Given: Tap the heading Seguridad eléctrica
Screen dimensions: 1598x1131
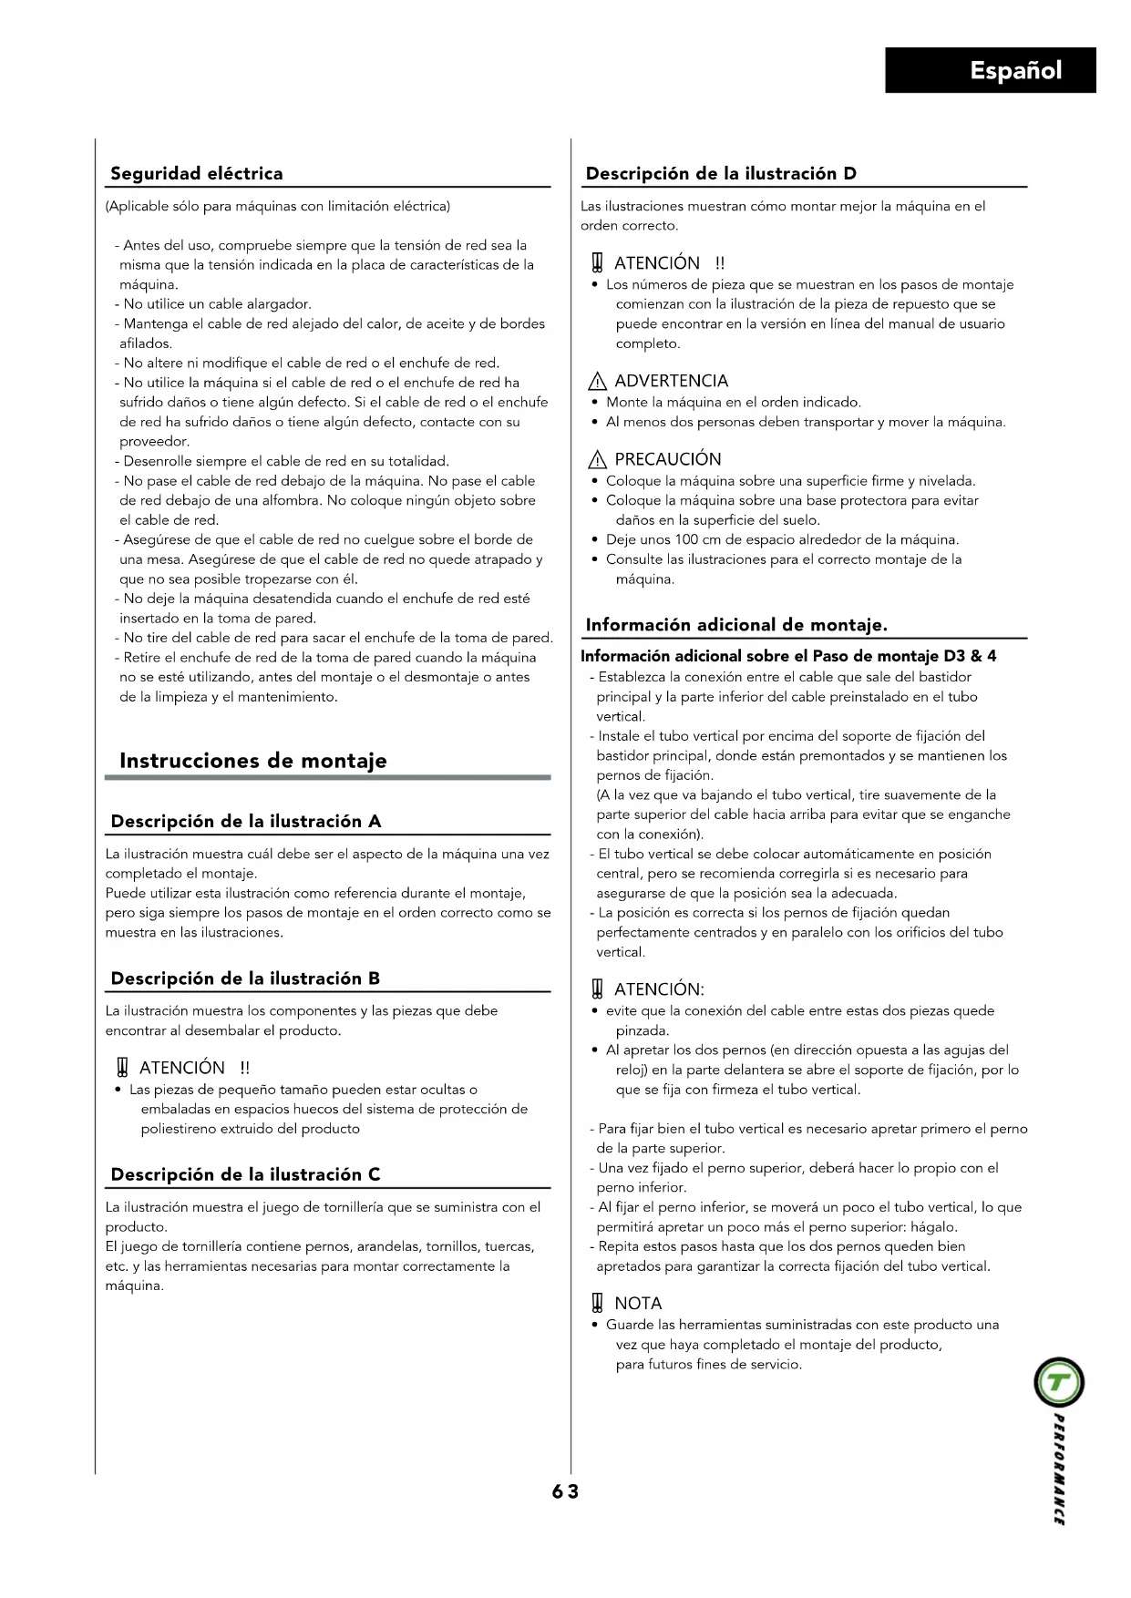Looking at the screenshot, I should pyautogui.click(x=196, y=173).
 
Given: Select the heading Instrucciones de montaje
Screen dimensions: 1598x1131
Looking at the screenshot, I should pyautogui.click(x=252, y=761).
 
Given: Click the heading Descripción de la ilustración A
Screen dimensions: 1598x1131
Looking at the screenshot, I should pyautogui.click(x=245, y=821).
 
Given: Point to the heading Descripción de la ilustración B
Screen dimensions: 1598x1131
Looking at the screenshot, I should pyautogui.click(x=244, y=978).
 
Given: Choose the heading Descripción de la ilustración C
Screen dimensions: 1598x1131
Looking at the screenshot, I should pyautogui.click(x=244, y=1174).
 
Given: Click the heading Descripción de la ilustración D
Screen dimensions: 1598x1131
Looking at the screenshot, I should pyautogui.click(x=720, y=173).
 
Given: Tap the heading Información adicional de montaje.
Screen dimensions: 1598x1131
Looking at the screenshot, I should pyautogui.click(x=735, y=625).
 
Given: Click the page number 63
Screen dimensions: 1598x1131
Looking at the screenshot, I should pyautogui.click(x=565, y=1491).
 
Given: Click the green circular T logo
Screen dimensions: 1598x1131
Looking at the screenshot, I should pyautogui.click(x=1058, y=1383).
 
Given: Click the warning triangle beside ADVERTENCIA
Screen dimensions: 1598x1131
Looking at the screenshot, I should pyautogui.click(x=597, y=382).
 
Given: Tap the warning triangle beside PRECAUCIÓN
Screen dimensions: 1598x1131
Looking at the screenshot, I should pyautogui.click(x=597, y=460).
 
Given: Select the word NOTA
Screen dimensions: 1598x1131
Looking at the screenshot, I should pyautogui.click(x=638, y=1304).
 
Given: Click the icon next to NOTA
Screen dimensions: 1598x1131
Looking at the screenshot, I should pyautogui.click(x=597, y=1304).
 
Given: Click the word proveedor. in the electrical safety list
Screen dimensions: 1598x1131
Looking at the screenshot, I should pyautogui.click(x=154, y=442).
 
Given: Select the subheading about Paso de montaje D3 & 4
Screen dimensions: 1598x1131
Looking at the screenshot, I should pyautogui.click(x=787, y=656).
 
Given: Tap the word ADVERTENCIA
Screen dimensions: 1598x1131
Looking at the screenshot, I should pyautogui.click(x=671, y=381).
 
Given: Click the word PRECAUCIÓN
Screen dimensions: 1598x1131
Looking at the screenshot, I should pyautogui.click(x=667, y=459).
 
